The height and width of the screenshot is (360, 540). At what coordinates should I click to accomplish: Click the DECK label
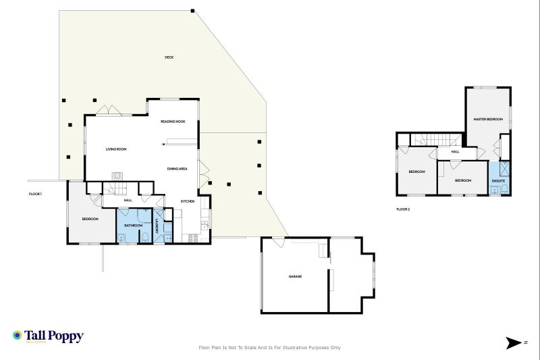[x=169, y=57]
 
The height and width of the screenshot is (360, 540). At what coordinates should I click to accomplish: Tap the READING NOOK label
[x=173, y=122]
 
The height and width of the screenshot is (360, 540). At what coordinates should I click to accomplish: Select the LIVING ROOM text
[x=116, y=149]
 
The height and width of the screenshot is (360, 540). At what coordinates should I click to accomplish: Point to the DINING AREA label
[x=177, y=168]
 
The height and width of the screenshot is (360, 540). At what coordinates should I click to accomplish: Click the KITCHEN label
[x=188, y=201]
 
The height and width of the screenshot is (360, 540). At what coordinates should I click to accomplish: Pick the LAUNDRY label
[x=157, y=226]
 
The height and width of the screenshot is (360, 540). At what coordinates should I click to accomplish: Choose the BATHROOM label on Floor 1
[x=133, y=225]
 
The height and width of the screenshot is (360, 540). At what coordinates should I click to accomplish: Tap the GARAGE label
[x=295, y=276]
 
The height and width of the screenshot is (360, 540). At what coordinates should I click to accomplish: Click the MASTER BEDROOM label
[x=488, y=119]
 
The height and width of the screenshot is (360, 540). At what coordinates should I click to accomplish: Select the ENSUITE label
[x=499, y=181]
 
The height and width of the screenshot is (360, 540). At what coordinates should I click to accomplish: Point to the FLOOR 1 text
[x=35, y=195]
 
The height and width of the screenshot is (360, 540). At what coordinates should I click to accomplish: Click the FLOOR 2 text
[x=403, y=209]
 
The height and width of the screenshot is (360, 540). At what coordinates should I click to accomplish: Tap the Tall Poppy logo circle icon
[x=17, y=335]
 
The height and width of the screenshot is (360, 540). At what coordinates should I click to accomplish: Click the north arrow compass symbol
[x=514, y=343]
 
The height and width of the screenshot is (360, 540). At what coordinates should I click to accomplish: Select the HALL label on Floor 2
[x=456, y=152]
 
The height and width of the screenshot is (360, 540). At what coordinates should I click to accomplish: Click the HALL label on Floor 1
[x=128, y=201]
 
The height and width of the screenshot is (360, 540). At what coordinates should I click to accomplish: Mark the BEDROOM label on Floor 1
[x=90, y=219]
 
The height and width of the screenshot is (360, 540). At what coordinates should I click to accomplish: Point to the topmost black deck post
[x=192, y=11]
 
